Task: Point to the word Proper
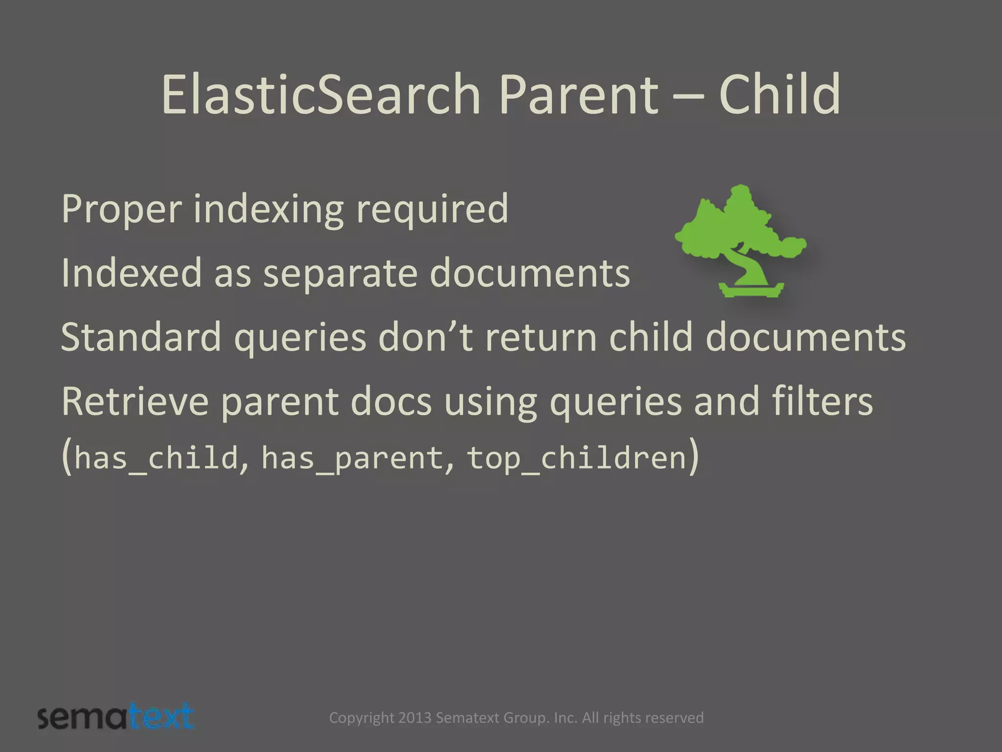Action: coord(121,210)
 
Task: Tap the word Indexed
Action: coord(131,273)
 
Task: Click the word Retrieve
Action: coord(135,401)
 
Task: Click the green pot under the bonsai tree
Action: coord(751,290)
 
